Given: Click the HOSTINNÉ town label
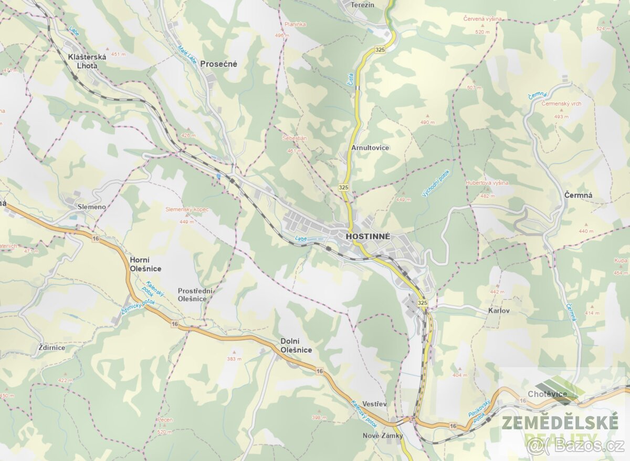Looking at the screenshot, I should tap(368, 237).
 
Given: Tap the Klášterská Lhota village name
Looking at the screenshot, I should tap(87, 62).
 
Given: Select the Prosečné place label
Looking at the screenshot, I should tap(218, 64).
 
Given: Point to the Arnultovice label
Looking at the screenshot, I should tap(370, 148).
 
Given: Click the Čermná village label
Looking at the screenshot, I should tap(578, 196).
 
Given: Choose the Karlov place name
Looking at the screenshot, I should tap(499, 311).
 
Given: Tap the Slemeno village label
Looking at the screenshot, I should tap(91, 207).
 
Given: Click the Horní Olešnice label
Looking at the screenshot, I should tap(145, 264).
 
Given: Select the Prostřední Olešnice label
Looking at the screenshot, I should tap(192, 294).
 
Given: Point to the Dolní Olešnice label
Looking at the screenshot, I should tap(296, 345).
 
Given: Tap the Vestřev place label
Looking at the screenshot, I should tap(375, 403).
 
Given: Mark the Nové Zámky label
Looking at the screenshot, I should tap(383, 436).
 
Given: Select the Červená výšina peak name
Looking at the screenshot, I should tap(482, 19).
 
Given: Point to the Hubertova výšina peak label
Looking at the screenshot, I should tap(487, 183).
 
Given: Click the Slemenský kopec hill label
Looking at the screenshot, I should tap(187, 209).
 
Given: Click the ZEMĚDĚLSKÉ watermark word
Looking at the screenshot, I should tap(559, 422).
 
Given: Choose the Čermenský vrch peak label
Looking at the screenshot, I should tap(561, 104).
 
